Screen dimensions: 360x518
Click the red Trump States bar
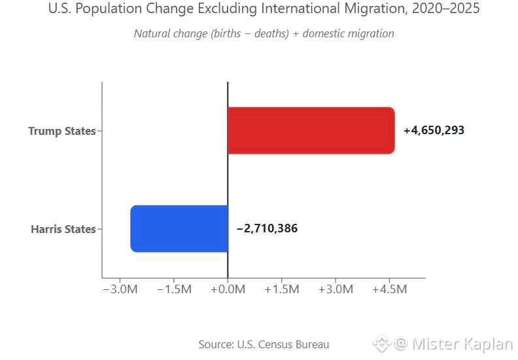click(x=311, y=130)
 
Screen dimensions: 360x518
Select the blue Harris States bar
click(x=179, y=228)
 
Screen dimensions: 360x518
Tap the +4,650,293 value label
click(x=434, y=130)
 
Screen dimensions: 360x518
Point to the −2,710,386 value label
click(x=267, y=228)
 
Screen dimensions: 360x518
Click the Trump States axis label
click(x=61, y=131)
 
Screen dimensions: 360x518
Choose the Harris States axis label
click(x=63, y=229)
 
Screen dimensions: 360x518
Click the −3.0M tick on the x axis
click(x=120, y=289)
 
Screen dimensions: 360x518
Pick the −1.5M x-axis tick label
click(x=174, y=289)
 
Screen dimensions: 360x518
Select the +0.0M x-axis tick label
click(x=228, y=289)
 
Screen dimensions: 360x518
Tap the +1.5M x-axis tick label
click(x=281, y=289)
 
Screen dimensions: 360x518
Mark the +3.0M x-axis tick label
click(x=335, y=289)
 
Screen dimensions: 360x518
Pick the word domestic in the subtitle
click(x=330, y=33)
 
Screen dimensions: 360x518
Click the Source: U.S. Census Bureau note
click(x=264, y=344)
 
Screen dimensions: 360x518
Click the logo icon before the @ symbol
click(x=381, y=344)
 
